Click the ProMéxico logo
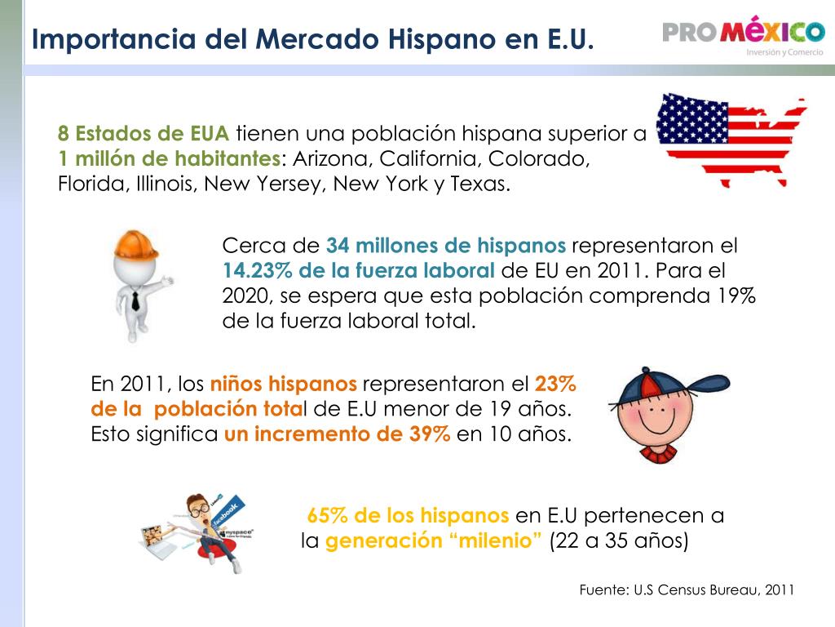(x=744, y=36)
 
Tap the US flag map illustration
(x=731, y=140)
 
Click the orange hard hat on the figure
(x=136, y=246)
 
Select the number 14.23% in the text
(x=257, y=270)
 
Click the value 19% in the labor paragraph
(x=736, y=296)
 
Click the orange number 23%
(x=555, y=384)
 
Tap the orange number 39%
(x=430, y=434)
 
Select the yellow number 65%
(x=328, y=515)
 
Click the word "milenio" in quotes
(x=495, y=540)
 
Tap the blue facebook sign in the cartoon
(x=228, y=513)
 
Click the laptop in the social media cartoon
(x=160, y=542)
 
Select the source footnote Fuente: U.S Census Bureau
(x=687, y=589)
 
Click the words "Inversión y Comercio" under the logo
(x=785, y=52)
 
